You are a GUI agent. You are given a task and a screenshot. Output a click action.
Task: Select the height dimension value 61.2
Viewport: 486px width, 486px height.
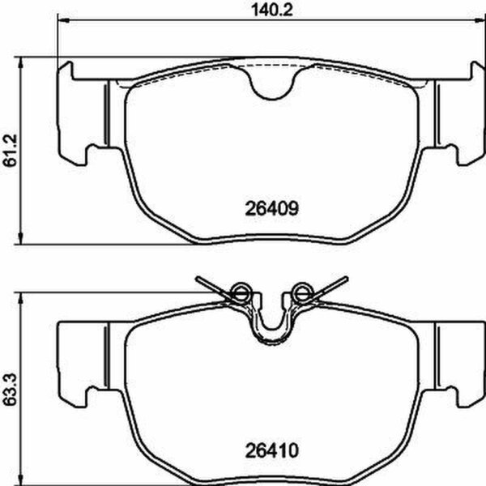click(10, 151)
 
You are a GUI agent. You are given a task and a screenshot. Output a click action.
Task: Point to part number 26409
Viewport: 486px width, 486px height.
click(272, 207)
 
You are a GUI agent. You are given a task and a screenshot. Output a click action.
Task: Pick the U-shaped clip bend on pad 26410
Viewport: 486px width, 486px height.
click(272, 332)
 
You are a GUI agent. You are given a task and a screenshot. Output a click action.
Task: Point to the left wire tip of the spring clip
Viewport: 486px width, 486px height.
click(198, 280)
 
